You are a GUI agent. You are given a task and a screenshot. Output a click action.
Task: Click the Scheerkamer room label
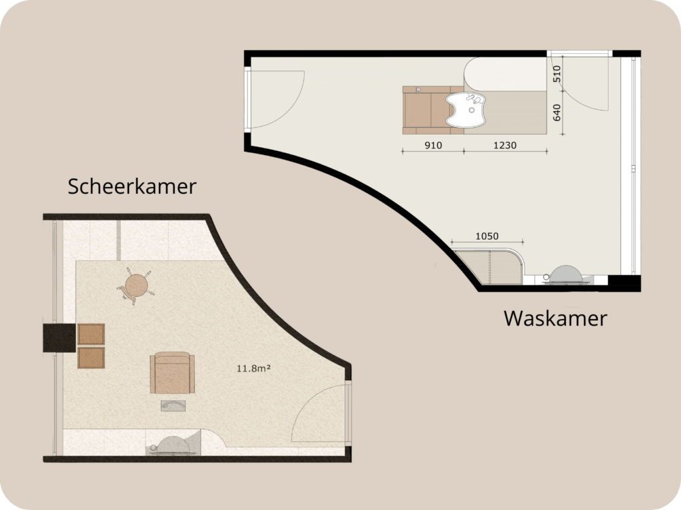click(132, 186)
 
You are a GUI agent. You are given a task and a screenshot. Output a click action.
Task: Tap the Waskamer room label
click(555, 318)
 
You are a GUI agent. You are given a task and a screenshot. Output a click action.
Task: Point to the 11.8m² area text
click(253, 368)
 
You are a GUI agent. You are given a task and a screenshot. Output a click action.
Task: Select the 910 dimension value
click(432, 144)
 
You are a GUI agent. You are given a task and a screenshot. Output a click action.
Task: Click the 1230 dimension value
click(505, 144)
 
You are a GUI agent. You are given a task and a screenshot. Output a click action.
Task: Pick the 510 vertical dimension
click(557, 74)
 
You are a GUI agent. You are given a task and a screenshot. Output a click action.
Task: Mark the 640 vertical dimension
click(557, 114)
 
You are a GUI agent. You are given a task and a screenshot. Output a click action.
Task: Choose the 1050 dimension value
click(487, 236)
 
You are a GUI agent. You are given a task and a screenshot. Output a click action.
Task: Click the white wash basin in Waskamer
click(467, 109)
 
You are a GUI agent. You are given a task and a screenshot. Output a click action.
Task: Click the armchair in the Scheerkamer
click(172, 374)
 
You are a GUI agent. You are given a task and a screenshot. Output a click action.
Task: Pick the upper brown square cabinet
click(91, 334)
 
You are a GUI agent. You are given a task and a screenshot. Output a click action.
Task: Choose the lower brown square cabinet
click(91, 358)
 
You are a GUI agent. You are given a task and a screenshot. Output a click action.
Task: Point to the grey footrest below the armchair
click(173, 405)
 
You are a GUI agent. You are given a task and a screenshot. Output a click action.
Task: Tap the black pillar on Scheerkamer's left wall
click(57, 337)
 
